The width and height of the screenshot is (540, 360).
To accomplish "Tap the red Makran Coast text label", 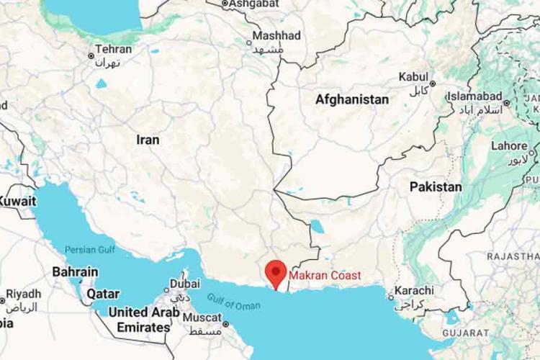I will tap(325, 275).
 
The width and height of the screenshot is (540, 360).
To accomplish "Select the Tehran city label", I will tap(114, 50).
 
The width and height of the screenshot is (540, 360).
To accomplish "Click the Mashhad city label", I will tap(276, 35).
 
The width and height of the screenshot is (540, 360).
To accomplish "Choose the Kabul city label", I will tap(413, 76).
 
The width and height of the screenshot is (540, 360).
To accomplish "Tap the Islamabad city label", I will tap(474, 96).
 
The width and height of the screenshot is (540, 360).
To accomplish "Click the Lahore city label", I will tap(509, 146).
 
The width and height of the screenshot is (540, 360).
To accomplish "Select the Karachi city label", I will tap(414, 290).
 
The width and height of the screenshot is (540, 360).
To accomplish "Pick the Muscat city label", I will tap(202, 317).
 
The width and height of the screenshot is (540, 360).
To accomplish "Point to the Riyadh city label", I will tap(26, 294).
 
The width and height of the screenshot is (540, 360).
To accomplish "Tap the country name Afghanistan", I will tap(352, 100).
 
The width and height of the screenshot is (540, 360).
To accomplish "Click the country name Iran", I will tap(148, 140).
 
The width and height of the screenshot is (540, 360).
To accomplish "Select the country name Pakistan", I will tap(436, 187).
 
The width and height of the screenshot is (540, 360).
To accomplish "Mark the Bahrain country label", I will tap(75, 272).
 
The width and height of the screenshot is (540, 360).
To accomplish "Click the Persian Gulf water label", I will tap(90, 250).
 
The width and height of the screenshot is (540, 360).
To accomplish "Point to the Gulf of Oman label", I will tap(234, 301).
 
